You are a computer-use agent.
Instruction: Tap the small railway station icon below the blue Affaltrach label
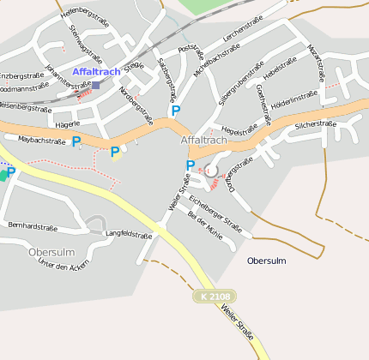coord(95,85)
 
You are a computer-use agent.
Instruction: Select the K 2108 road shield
coord(212,297)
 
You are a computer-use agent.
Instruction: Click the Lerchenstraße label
coord(242,31)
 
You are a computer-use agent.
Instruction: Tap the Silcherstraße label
coord(315,124)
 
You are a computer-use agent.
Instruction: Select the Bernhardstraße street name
coord(33,227)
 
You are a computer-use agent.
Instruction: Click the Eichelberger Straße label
coord(215,214)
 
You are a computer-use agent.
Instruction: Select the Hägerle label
coord(67,124)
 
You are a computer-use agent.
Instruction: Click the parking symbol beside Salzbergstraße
coord(176,111)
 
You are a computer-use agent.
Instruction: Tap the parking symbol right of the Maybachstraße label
coord(76,141)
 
